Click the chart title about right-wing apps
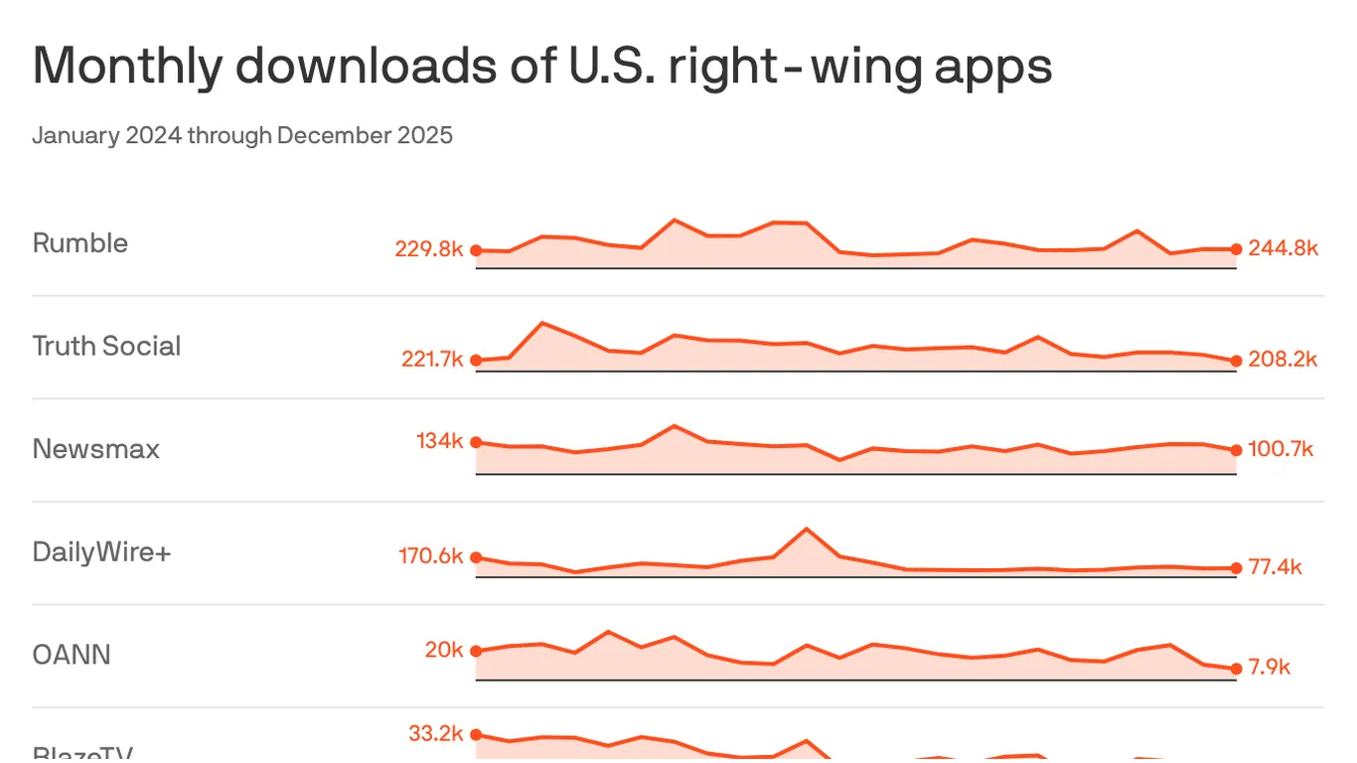[542, 67]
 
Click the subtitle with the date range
[242, 135]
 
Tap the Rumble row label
[80, 243]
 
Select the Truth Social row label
[106, 346]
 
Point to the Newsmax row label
[95, 449]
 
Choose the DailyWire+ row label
[101, 551]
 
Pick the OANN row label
[72, 655]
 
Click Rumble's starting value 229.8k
[429, 249]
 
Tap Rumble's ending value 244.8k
[1283, 248]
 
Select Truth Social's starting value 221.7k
[432, 360]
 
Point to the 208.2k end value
[1282, 360]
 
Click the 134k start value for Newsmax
[440, 440]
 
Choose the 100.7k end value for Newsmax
[1281, 450]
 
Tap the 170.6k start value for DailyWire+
[431, 555]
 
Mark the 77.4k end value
[1275, 567]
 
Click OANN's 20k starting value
[444, 650]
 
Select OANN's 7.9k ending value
[1269, 667]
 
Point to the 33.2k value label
[436, 734]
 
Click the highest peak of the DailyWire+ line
[806, 529]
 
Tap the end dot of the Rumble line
[1236, 249]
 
